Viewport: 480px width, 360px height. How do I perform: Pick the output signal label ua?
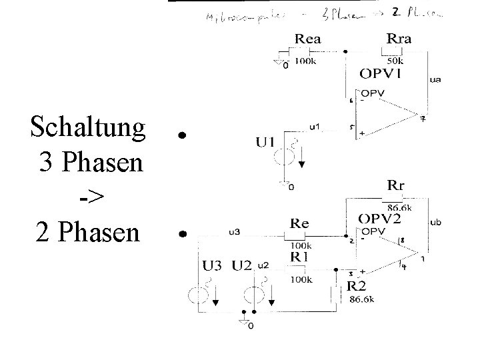(435, 81)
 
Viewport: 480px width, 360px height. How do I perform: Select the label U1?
(265, 142)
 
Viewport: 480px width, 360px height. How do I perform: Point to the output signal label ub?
(435, 222)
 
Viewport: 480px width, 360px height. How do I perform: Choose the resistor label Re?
(299, 224)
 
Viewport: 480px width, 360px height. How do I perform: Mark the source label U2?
(242, 266)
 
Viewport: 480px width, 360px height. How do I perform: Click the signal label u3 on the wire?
(234, 231)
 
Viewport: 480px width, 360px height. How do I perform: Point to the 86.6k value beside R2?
(361, 300)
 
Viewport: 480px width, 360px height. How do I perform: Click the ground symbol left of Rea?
(279, 64)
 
